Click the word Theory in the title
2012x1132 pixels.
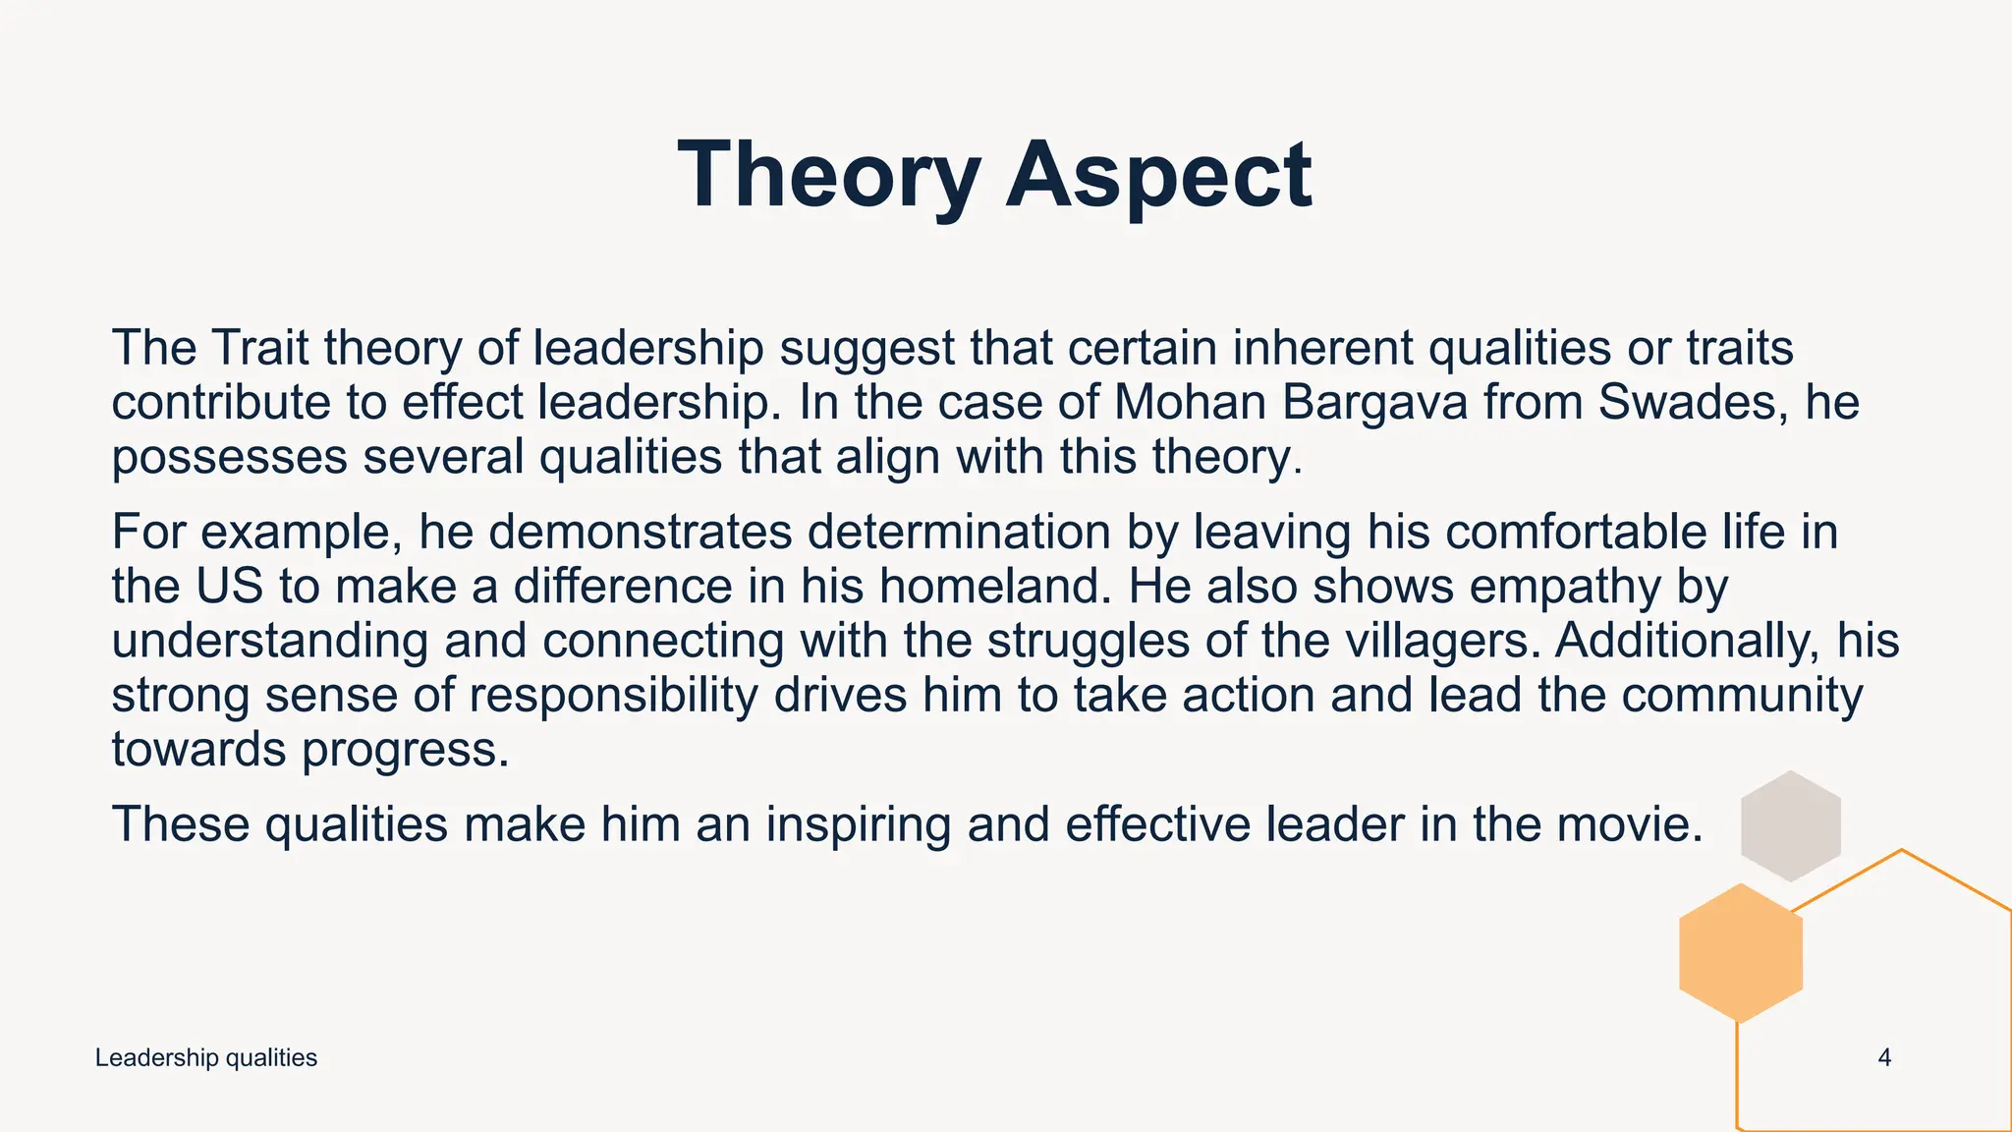(829, 175)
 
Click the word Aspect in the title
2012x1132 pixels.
(1158, 175)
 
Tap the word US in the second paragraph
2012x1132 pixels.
(230, 587)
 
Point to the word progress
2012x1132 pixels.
(406, 751)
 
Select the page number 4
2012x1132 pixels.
(1884, 1058)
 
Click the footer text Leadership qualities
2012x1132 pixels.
(206, 1058)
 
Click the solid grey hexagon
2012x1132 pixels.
(1790, 825)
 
